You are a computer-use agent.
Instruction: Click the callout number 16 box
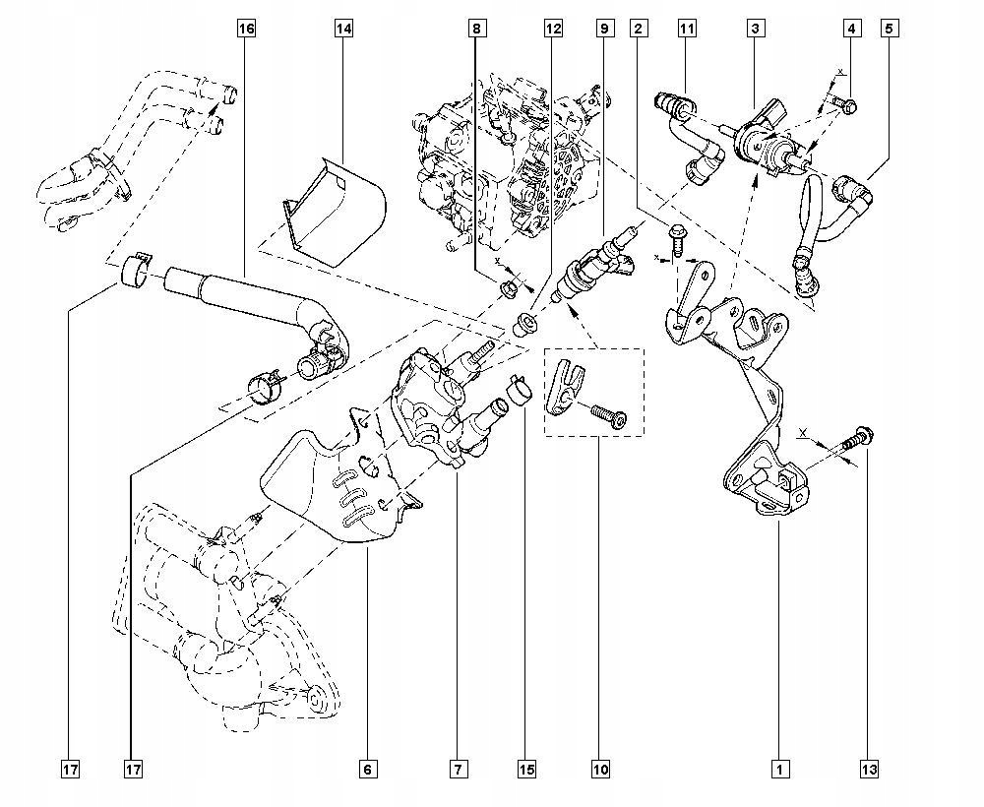click(246, 29)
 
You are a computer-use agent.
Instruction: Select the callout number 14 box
click(342, 29)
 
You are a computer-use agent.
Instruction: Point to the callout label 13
click(867, 769)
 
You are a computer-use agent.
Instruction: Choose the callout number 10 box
click(600, 769)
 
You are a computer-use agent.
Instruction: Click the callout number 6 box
click(368, 769)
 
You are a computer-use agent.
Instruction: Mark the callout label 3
click(755, 29)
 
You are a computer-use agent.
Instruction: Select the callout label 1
click(779, 769)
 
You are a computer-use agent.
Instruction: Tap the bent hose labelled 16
click(246, 295)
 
